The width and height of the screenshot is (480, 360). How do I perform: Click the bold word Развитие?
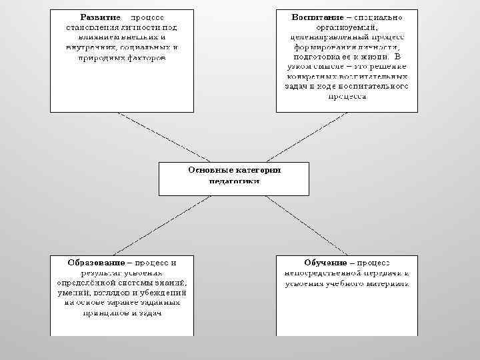pyautogui.click(x=101, y=15)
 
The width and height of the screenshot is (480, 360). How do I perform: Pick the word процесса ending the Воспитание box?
pyautogui.click(x=347, y=96)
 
